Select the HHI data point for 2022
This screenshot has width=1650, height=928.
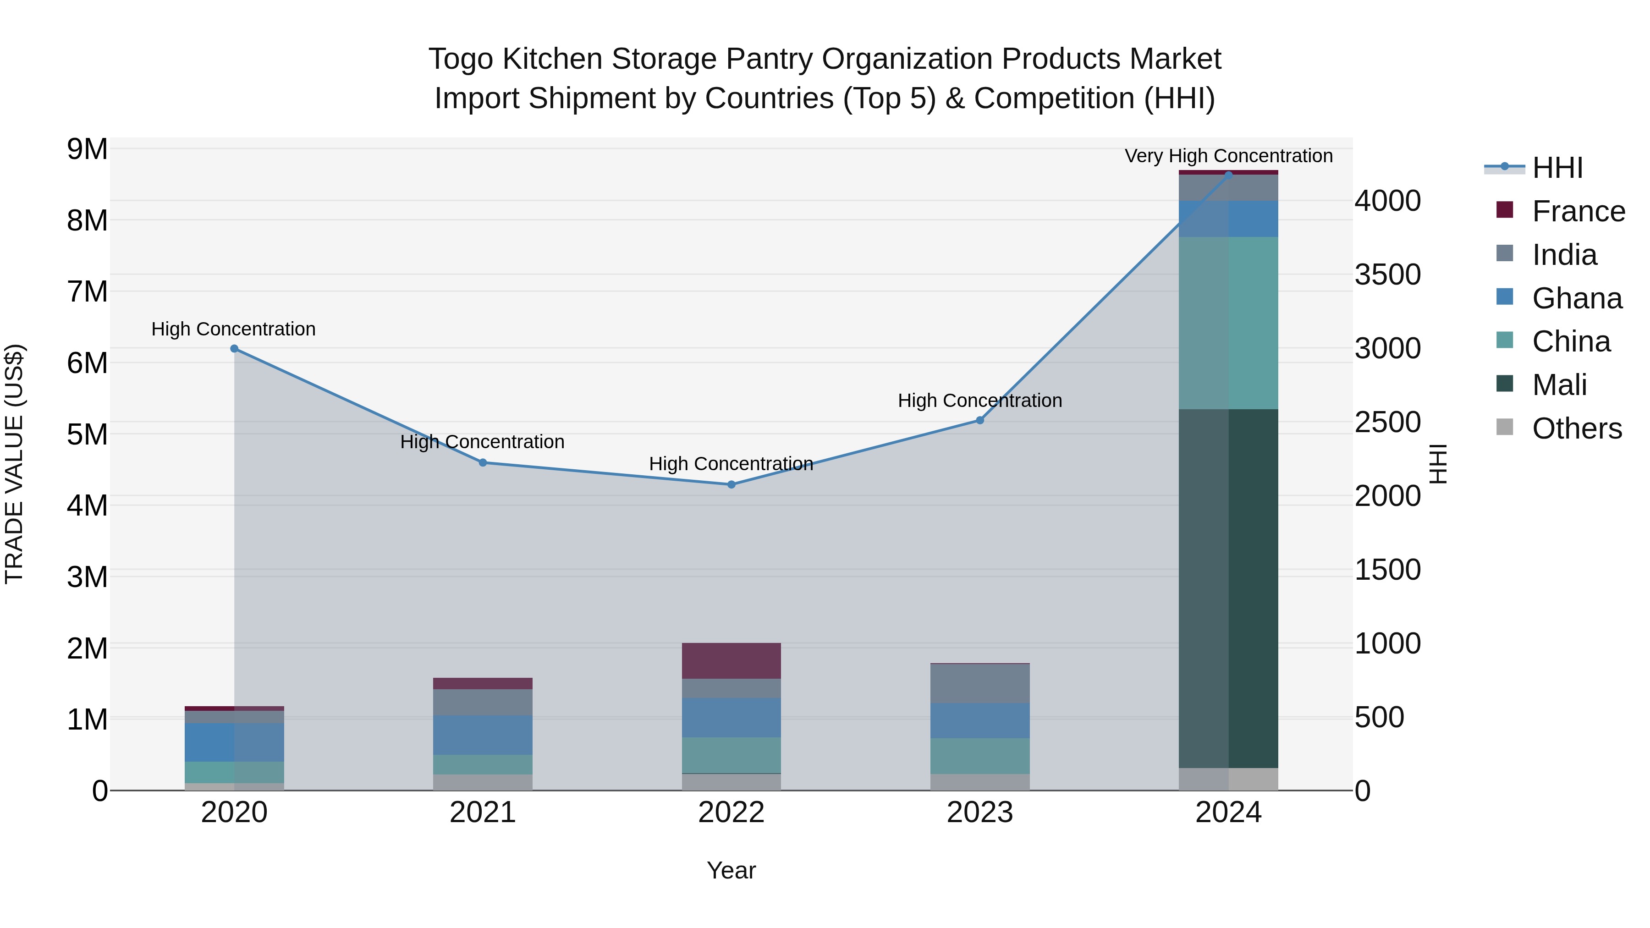coord(731,485)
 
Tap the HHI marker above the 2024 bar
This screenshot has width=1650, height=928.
coord(1228,175)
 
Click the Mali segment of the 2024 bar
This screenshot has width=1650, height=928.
coord(1228,588)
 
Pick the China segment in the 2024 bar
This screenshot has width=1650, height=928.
coord(1228,323)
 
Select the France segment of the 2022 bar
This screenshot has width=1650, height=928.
coord(731,660)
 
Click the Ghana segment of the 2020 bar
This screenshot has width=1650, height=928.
coord(234,742)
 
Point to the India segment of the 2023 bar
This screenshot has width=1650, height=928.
coord(979,683)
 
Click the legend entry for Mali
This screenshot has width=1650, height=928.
coord(1559,385)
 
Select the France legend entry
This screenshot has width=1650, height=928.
coord(1578,211)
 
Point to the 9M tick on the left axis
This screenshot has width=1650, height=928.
coord(87,149)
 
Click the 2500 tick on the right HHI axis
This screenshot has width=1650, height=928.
coord(1387,422)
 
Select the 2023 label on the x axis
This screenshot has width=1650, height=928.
coord(979,813)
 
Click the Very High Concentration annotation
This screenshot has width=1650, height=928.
coord(1228,156)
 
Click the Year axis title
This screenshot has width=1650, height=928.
coord(731,870)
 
